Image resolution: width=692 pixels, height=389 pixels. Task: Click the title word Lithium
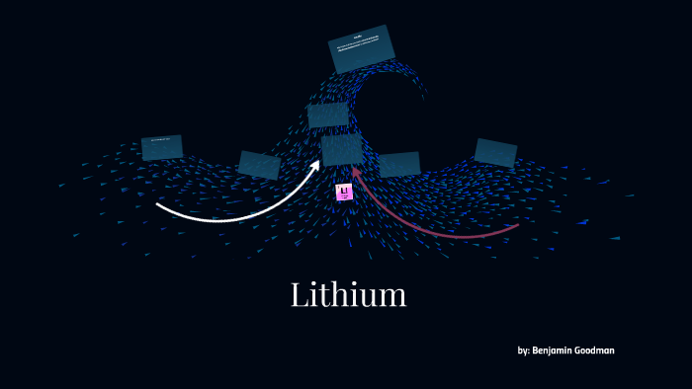348,294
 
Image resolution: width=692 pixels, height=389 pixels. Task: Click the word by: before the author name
523,350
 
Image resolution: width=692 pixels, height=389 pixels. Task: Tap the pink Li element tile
344,192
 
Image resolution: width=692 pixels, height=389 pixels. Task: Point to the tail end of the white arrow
158,205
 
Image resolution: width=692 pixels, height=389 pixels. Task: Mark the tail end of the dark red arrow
517,226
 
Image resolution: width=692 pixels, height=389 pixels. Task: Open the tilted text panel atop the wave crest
361,48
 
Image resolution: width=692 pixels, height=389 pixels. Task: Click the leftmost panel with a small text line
161,147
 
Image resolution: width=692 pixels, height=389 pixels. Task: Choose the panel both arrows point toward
341,149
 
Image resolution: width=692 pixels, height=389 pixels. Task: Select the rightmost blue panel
495,152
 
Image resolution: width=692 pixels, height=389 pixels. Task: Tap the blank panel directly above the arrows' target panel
327,116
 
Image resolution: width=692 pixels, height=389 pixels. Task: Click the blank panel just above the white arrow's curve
259,165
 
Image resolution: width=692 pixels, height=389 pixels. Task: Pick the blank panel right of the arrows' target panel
399,164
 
